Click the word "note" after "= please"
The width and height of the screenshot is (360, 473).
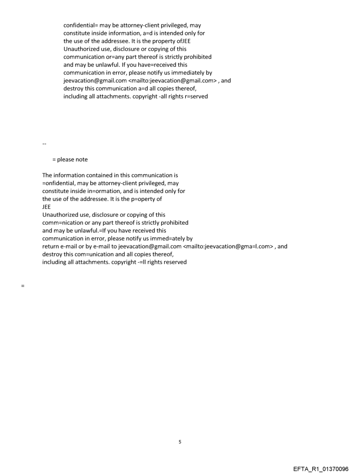(x=82, y=160)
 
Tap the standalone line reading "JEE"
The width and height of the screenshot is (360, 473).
(x=46, y=207)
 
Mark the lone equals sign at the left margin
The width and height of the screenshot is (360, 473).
(x=22, y=286)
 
